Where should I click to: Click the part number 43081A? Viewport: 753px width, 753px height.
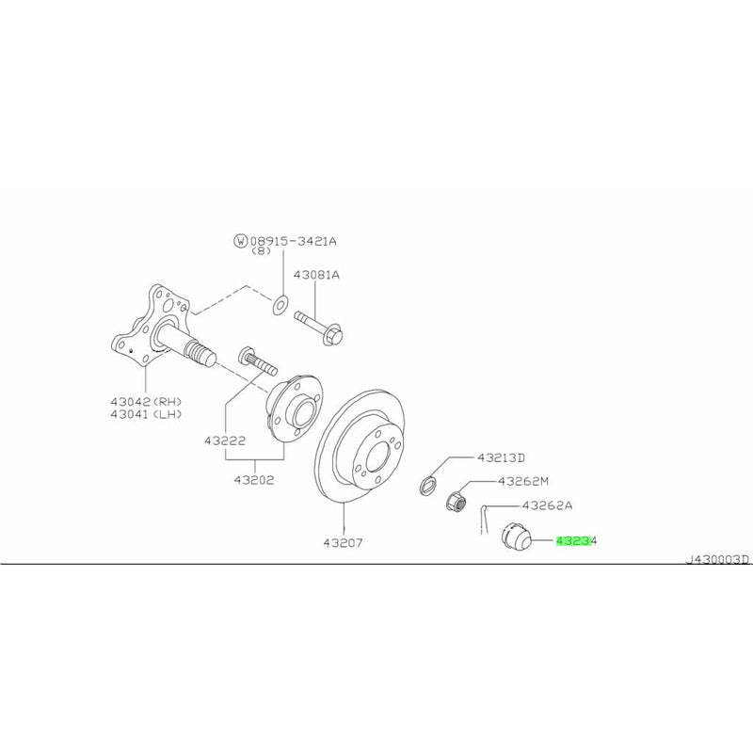coord(316,275)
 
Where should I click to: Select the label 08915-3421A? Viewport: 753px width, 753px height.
coord(293,241)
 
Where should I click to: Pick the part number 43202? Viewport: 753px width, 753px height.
coord(254,479)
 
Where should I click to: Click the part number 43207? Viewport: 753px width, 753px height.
coord(343,542)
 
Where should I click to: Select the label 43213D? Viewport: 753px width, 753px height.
coord(499,458)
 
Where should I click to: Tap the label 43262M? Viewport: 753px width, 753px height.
coord(523,481)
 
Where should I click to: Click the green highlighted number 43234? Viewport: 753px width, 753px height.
coord(577,541)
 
